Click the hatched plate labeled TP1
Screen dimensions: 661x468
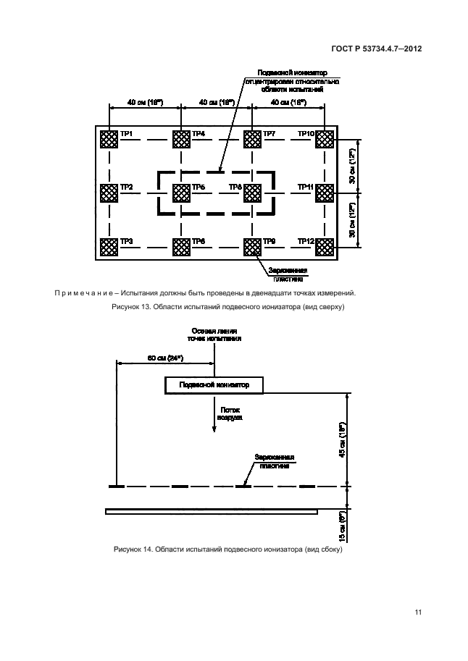pos(109,139)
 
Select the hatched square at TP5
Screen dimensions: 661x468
pos(180,193)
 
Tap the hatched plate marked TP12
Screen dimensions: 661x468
pos(323,248)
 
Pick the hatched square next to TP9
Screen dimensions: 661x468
pos(251,248)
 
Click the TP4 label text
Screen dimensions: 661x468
pos(199,134)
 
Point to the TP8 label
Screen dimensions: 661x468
pos(235,188)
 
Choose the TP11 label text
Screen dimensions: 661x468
pos(305,188)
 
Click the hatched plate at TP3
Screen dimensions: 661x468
pos(109,248)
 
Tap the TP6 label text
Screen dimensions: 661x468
pos(199,242)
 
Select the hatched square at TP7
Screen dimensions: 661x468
pos(251,139)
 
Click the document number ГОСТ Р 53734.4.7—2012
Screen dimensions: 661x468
pos(377,49)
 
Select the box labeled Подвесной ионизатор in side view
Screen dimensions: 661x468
pos(214,385)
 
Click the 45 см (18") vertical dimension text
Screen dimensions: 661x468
pos(351,438)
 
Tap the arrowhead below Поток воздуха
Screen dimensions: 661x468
pos(214,431)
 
